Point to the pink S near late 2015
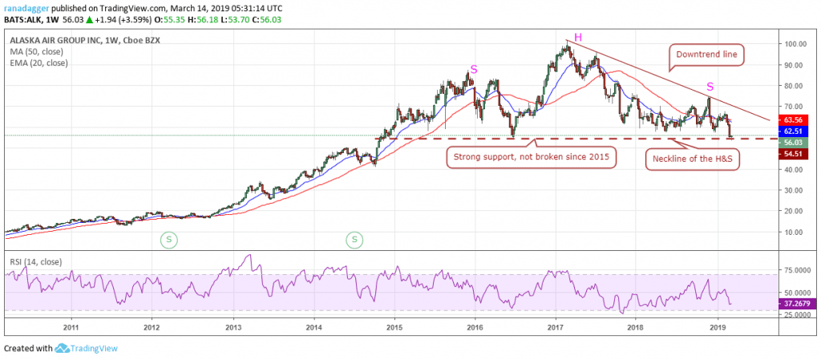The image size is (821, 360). (474, 70)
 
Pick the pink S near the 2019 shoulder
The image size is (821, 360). (710, 87)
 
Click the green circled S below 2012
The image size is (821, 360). (168, 238)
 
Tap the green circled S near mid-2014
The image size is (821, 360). (354, 238)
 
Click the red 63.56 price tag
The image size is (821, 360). (795, 119)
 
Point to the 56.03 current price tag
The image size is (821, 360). (795, 142)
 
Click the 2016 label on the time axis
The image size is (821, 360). (475, 326)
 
